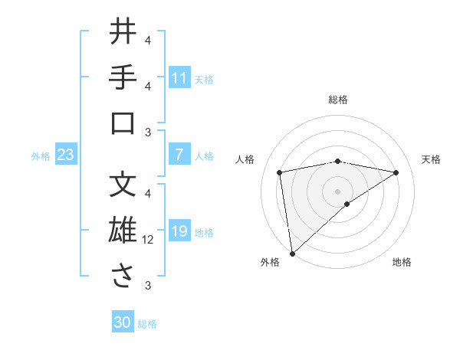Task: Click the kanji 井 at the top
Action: coord(123,32)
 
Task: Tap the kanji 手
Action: coord(123,78)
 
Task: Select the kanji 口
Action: coord(123,123)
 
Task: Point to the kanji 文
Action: coord(123,185)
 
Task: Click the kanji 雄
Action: coord(123,231)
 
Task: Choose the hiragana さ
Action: coord(123,277)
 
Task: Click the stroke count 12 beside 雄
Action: coord(148,240)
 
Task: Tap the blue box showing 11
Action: coord(179,78)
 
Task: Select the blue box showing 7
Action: coord(179,155)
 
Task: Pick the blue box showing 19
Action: coord(179,231)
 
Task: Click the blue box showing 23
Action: coord(65,155)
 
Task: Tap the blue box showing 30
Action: coord(123,322)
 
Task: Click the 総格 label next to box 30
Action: coord(147,324)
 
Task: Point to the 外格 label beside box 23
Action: coord(41,156)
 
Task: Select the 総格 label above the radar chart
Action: coord(338,100)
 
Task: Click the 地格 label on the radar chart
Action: coord(402,262)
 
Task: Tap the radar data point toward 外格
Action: coord(292,253)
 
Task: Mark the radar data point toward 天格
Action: coord(396,172)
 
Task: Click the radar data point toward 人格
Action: coord(281,172)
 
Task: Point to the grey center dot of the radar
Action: coord(338,191)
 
